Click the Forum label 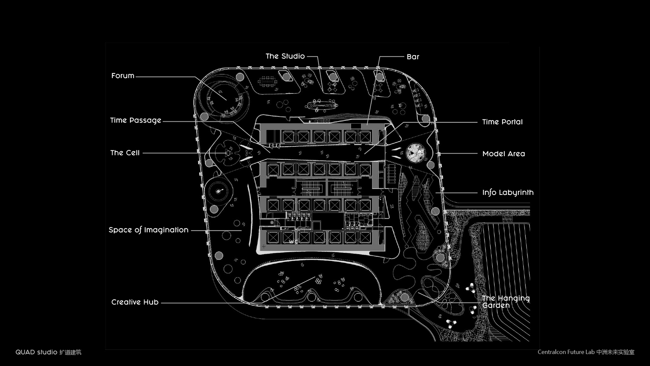click(x=123, y=76)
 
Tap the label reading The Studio click(x=285, y=56)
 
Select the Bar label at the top click(x=413, y=57)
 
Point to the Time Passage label click(x=135, y=120)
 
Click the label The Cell click(x=125, y=153)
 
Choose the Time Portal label click(x=502, y=122)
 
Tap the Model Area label click(x=503, y=154)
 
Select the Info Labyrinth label click(x=507, y=193)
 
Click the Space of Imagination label click(x=148, y=230)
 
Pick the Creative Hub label click(x=135, y=302)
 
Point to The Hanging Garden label click(x=505, y=302)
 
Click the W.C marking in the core click(x=293, y=242)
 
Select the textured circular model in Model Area click(x=416, y=153)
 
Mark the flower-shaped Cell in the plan click(x=228, y=153)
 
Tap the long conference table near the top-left click(x=267, y=81)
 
